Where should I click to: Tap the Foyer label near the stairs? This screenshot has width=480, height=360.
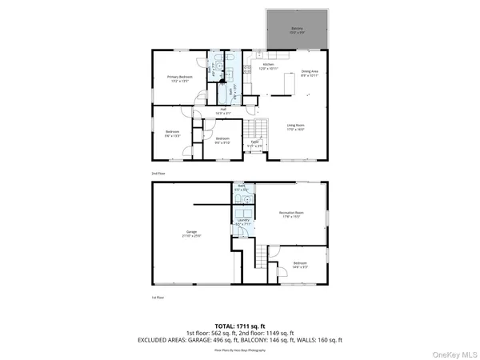point(254,145)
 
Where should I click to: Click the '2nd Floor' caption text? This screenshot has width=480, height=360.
point(158,173)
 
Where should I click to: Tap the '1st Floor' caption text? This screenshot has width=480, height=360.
point(158,297)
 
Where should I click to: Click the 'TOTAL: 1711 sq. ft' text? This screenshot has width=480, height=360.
point(240,326)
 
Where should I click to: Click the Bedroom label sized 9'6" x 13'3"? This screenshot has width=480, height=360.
point(173,134)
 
